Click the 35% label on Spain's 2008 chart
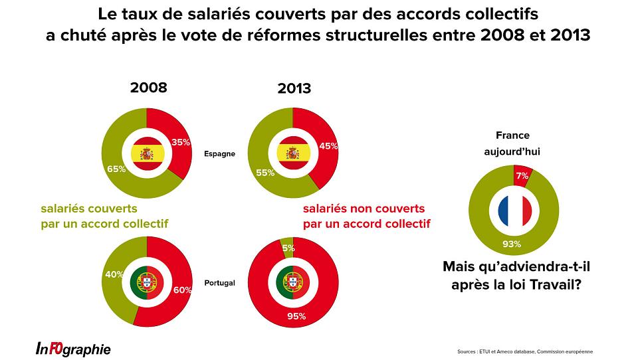click(181, 141)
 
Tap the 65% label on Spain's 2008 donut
click(116, 169)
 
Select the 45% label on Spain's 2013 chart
click(328, 146)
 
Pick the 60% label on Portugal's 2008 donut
click(182, 290)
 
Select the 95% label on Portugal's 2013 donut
click(296, 316)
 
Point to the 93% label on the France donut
click(512, 244)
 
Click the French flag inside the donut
click(515, 211)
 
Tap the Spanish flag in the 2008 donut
click(146, 154)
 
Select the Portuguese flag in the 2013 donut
click(292, 282)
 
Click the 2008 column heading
click(148, 88)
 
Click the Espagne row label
click(219, 154)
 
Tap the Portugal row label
click(219, 282)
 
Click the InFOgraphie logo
click(73, 349)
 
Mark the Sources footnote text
click(525, 351)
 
